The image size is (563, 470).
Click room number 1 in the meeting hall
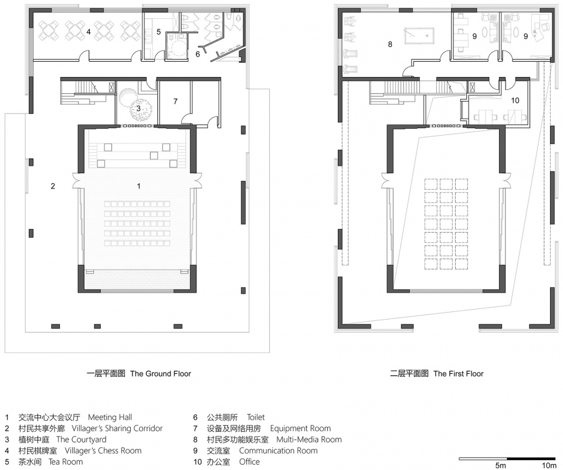click(139, 186)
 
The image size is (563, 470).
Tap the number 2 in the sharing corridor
click(53, 186)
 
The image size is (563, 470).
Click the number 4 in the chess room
click(89, 32)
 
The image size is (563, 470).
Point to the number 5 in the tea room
click(159, 32)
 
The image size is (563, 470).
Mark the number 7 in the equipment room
click(175, 102)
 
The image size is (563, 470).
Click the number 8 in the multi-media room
click(390, 44)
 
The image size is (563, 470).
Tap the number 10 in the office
click(515, 100)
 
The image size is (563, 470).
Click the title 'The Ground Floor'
click(161, 374)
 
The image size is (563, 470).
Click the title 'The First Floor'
click(458, 374)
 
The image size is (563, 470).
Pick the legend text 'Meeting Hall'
click(110, 418)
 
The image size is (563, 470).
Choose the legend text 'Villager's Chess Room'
click(103, 451)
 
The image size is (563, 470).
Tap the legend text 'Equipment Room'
click(300, 429)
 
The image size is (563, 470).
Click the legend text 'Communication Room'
click(278, 451)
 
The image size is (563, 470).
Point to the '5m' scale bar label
click(500, 466)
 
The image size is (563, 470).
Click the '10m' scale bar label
click(550, 466)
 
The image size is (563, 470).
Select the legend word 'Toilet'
click(256, 418)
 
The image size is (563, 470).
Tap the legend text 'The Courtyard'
click(81, 439)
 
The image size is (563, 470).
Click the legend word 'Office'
click(250, 462)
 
